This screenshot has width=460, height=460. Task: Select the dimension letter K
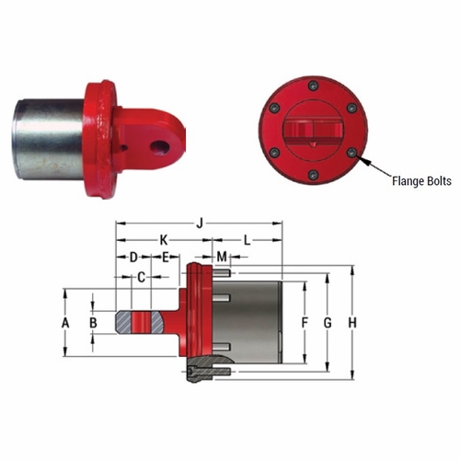click(164, 239)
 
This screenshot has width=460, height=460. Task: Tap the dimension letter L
click(247, 239)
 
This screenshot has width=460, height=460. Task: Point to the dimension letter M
click(221, 255)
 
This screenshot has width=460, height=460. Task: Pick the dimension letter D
click(132, 256)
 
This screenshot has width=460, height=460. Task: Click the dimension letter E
click(165, 256)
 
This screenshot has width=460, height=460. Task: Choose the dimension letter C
click(141, 276)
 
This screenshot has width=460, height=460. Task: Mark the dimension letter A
click(64, 324)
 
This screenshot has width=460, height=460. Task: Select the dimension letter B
click(92, 324)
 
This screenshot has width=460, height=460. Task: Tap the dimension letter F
click(305, 323)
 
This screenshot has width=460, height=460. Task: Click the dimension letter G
click(327, 323)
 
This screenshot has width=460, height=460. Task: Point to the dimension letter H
click(352, 323)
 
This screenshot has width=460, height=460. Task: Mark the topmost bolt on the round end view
click(313, 86)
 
